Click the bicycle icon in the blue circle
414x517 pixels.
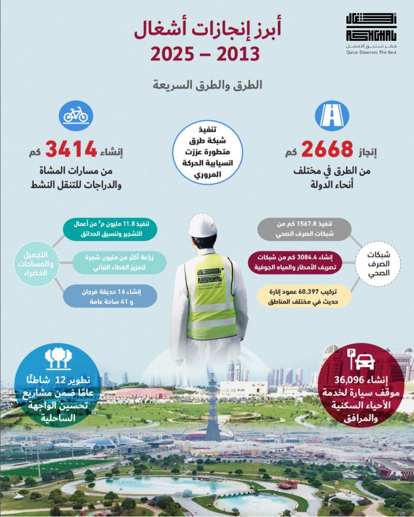point(76,115)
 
